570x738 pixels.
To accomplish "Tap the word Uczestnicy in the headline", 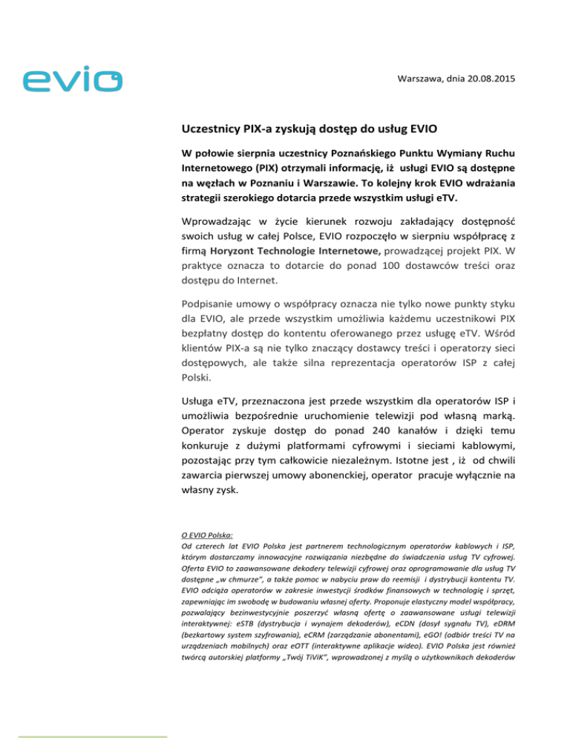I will pyautogui.click(x=217, y=127).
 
